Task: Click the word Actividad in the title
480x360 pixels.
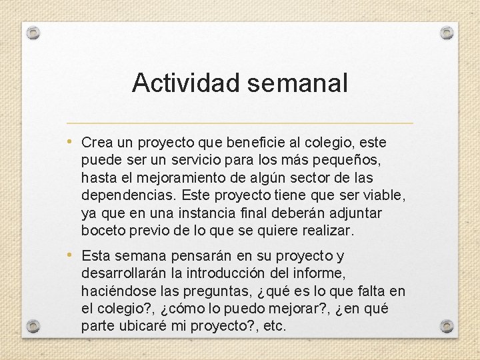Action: [x=187, y=83]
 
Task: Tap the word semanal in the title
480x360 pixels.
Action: [x=297, y=83]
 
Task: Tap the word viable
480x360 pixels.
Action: [x=385, y=196]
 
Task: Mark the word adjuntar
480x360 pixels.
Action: [x=355, y=213]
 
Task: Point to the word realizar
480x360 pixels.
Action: [x=329, y=231]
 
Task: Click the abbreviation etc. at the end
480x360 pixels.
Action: [x=275, y=326]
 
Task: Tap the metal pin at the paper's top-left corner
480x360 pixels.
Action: [x=34, y=32]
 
